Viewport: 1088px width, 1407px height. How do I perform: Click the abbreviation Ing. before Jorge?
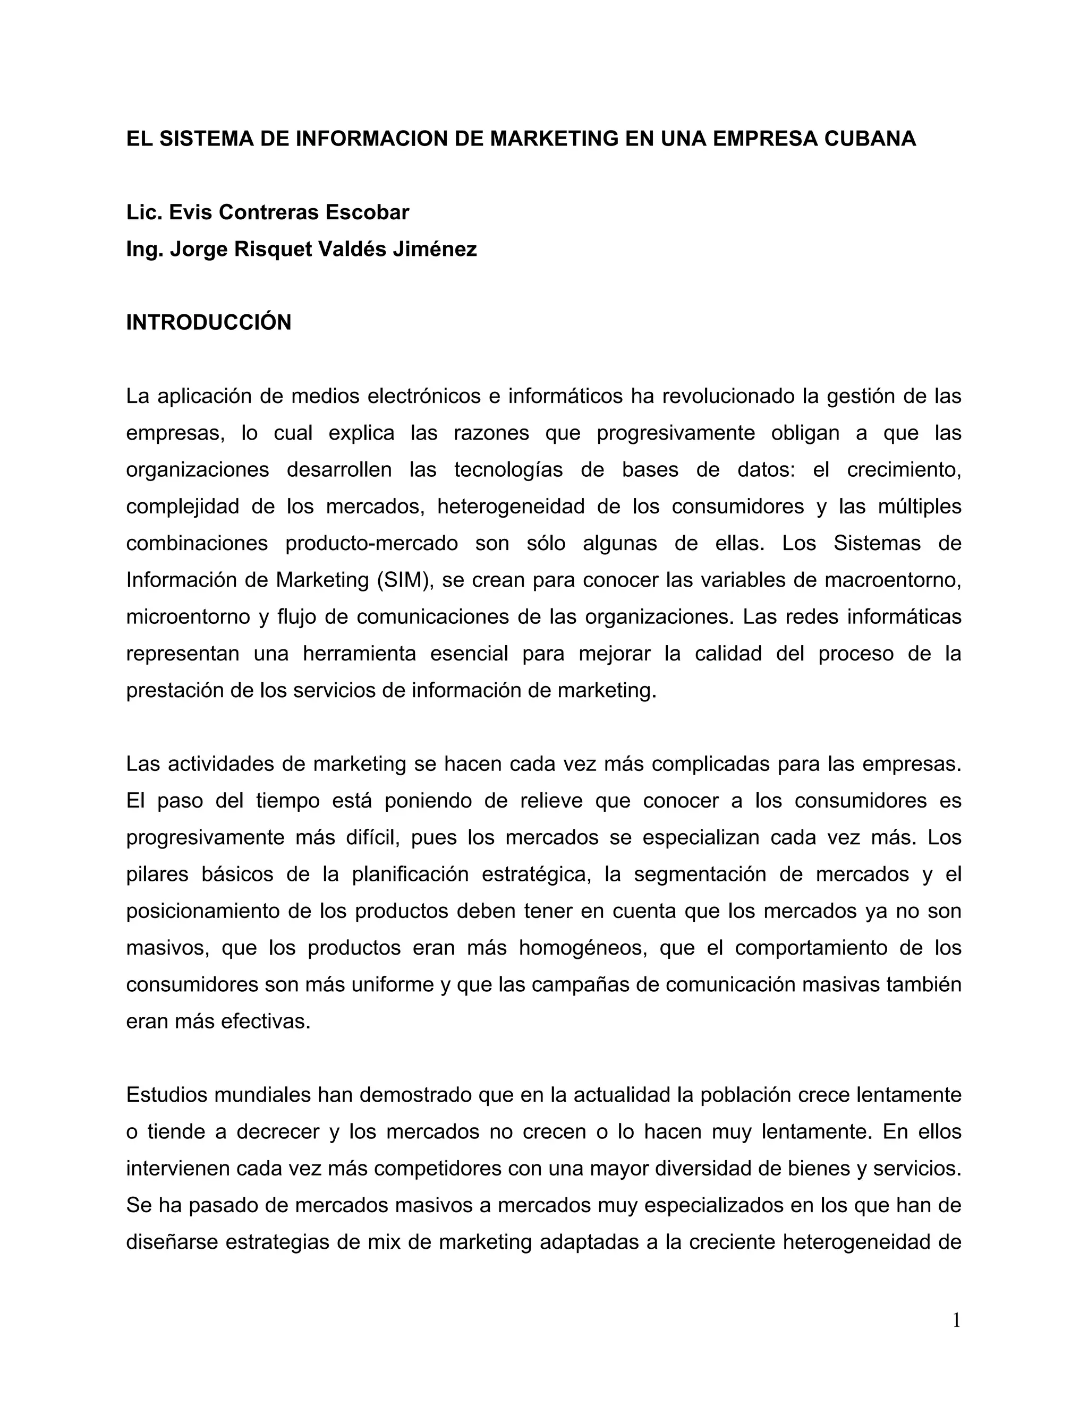(145, 250)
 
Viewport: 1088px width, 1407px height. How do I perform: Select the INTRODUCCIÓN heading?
(209, 322)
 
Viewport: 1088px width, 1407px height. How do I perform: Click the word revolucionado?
(729, 396)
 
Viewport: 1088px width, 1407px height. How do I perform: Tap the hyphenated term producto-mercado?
(371, 543)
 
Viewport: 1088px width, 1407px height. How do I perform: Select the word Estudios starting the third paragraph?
(167, 1095)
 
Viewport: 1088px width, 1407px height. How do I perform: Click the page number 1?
(956, 1322)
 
